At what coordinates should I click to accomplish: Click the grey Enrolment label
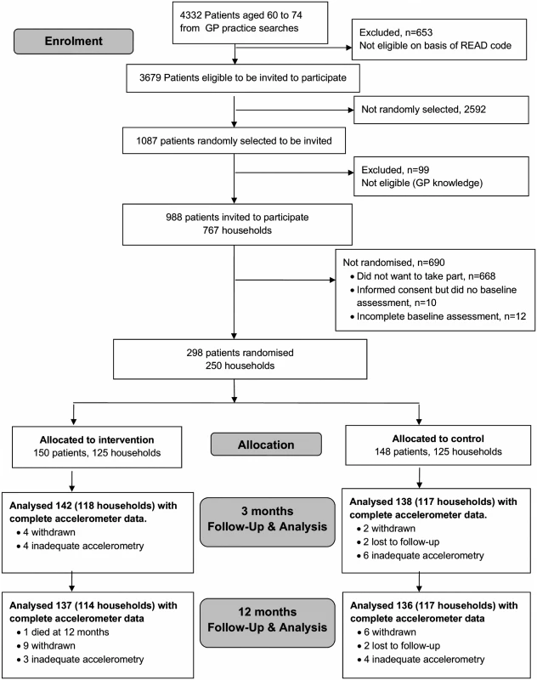point(74,41)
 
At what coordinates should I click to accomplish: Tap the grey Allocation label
point(266,445)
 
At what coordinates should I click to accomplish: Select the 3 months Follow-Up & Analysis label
point(268,522)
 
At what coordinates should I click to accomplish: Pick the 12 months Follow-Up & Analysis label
point(268,623)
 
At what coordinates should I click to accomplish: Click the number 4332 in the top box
point(190,15)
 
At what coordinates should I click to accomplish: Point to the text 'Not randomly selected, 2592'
point(423,110)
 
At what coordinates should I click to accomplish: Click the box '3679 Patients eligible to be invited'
point(243,78)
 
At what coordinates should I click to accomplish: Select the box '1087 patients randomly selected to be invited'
point(234,140)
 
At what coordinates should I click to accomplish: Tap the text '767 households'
point(237,230)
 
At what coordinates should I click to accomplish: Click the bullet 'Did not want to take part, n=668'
point(422,276)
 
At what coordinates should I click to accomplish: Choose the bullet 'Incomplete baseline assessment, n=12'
point(438,316)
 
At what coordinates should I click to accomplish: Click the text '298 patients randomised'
point(240,353)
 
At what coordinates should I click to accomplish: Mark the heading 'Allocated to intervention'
point(97,439)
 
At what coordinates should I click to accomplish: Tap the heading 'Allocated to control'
point(438,439)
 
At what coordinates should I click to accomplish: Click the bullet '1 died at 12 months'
point(63,632)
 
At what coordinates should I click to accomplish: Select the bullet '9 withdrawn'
point(46,646)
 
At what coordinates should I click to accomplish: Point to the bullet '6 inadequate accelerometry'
point(420,556)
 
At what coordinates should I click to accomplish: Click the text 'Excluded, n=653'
point(396,32)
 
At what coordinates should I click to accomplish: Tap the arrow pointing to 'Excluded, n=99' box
point(294,173)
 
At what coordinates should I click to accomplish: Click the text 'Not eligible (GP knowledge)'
point(421,183)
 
